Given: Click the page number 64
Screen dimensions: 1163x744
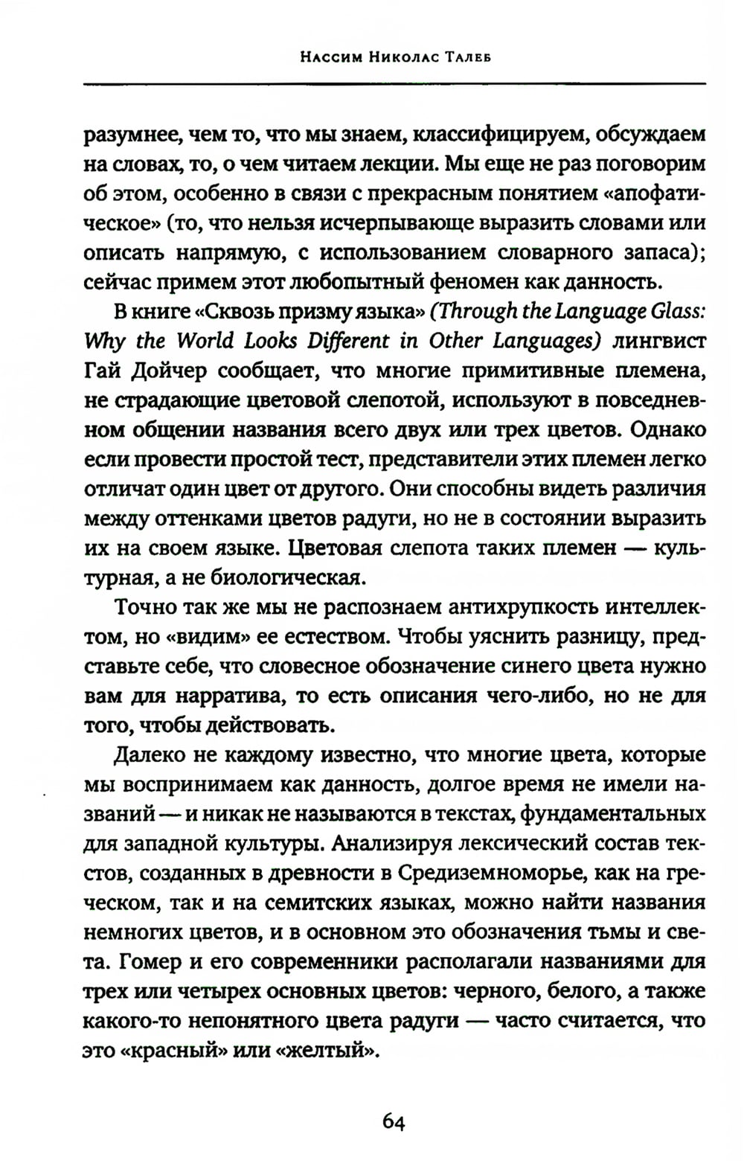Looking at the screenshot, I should point(393,1121).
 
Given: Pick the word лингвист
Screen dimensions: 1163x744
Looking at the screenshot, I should point(661,340).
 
